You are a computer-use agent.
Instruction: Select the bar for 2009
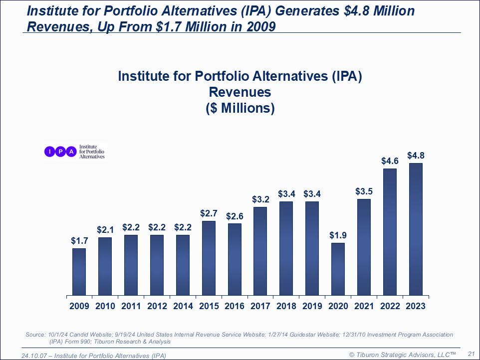tap(79, 272)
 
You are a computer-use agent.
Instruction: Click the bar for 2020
tap(338, 269)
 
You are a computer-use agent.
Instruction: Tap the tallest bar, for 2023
tap(416, 229)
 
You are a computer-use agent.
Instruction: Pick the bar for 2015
tap(209, 258)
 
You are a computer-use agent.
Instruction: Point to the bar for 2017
tap(260, 251)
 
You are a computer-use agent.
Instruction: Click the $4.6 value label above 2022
tap(390, 161)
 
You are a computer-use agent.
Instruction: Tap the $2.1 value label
tap(105, 230)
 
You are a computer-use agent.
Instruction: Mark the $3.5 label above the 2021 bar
tap(364, 191)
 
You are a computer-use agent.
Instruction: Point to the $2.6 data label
tap(235, 216)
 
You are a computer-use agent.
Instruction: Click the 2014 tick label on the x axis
tap(183, 306)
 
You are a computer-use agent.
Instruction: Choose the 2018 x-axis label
tap(286, 306)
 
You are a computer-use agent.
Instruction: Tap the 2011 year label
tap(131, 306)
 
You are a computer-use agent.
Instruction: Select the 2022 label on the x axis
tap(390, 306)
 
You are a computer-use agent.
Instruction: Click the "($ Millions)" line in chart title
tap(240, 108)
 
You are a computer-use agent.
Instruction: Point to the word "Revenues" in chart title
tap(240, 92)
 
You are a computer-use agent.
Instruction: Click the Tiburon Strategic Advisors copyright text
tap(403, 354)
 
